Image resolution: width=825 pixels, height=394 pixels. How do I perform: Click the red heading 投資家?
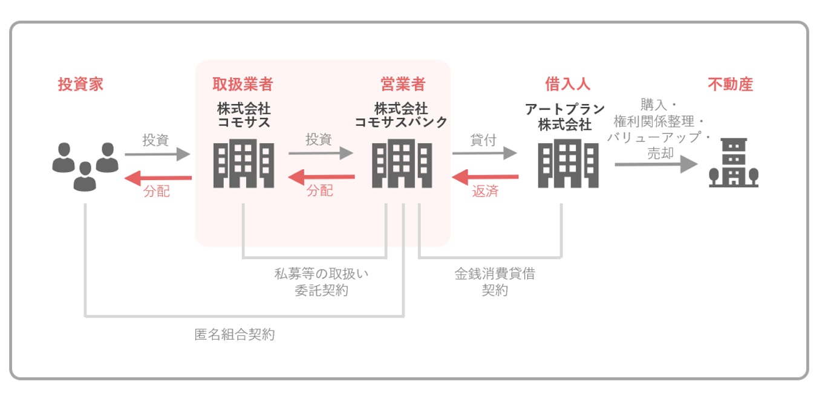point(80,84)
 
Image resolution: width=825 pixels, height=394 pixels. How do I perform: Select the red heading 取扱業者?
point(243,84)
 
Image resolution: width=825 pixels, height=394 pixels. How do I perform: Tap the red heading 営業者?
point(402,84)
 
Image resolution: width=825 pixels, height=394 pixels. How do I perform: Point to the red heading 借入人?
point(567,84)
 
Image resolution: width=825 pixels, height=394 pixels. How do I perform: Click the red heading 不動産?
point(730,84)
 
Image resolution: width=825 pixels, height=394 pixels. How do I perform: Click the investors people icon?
point(85,166)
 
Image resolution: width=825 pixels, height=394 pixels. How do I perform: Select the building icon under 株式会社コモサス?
point(244,163)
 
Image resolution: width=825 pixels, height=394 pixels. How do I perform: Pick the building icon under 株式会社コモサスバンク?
point(402,163)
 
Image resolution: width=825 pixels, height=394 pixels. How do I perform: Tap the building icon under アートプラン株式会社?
point(568,163)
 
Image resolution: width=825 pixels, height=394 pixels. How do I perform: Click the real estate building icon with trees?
point(734,163)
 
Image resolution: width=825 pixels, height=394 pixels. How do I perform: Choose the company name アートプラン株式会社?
point(565,117)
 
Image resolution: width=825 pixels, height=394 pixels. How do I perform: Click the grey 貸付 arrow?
point(484,153)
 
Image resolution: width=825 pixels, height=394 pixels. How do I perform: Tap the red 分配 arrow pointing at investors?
point(158,178)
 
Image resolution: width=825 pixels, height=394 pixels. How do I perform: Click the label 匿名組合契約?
point(235,334)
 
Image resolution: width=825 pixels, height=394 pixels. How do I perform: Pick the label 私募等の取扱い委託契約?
point(321,282)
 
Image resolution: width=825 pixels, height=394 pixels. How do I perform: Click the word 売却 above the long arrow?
point(660,153)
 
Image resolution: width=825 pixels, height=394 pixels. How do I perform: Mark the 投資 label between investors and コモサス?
point(155,140)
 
